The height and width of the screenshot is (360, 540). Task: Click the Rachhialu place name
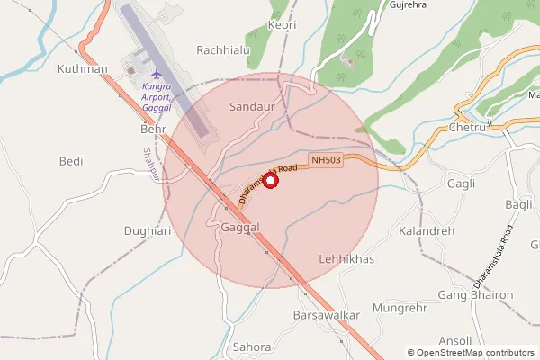(x=223, y=50)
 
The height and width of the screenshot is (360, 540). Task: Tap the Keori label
(x=282, y=25)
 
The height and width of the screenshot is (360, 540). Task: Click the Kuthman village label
(x=82, y=69)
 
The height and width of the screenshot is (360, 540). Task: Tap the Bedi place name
(x=70, y=161)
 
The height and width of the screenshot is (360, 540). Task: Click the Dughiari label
(x=148, y=231)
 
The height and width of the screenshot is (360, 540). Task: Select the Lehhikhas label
(x=346, y=258)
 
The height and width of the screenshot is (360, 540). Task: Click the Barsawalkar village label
(x=327, y=316)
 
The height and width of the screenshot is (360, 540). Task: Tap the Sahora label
(x=251, y=346)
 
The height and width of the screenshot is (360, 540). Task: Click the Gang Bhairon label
(x=474, y=295)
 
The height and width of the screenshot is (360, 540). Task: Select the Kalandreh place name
(x=427, y=231)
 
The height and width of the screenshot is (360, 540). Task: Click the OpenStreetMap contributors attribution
(x=471, y=353)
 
